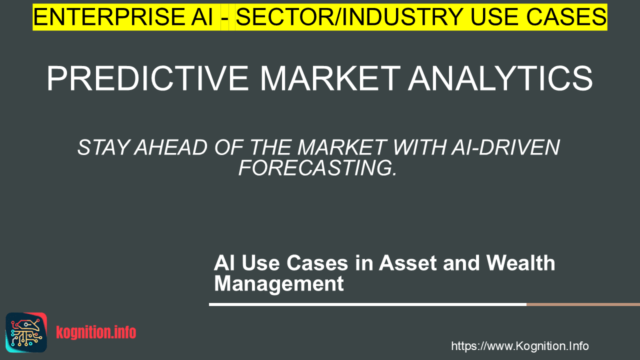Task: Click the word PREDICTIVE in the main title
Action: [x=147, y=78]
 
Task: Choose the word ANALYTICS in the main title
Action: [x=500, y=78]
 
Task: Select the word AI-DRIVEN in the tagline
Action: [x=505, y=147]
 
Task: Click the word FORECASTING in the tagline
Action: [x=317, y=167]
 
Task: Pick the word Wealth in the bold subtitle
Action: [x=521, y=263]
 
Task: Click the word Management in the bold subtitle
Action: [x=279, y=283]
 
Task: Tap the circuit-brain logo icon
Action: [x=26, y=332]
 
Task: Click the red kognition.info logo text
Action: [x=96, y=332]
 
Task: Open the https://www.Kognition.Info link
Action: [x=520, y=346]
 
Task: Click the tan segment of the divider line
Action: [x=583, y=304]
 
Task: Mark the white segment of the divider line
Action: [x=367, y=304]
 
